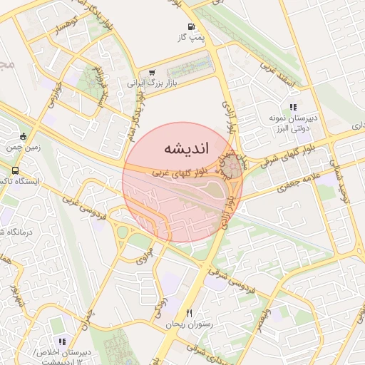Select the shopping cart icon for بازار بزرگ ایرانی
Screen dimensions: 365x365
point(152,72)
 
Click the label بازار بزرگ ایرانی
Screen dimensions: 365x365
point(152,83)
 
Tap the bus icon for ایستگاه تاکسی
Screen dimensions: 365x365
point(15,171)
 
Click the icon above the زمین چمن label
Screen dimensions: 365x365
point(24,137)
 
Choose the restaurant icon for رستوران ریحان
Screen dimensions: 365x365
point(189,313)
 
